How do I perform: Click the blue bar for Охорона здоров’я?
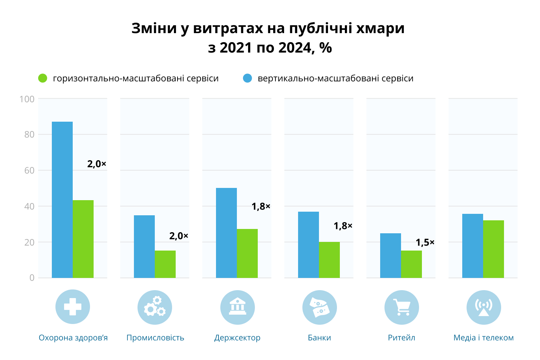(x=62, y=200)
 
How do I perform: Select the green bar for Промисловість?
(x=165, y=264)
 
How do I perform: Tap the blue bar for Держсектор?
(x=226, y=233)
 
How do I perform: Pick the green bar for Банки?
(x=329, y=260)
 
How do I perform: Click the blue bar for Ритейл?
(x=391, y=256)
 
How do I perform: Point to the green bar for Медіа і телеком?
(x=494, y=249)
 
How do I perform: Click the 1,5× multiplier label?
(x=425, y=242)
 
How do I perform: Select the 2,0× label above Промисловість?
(x=179, y=236)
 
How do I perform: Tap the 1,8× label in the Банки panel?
(x=343, y=226)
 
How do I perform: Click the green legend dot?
(x=43, y=78)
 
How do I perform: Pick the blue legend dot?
(x=248, y=78)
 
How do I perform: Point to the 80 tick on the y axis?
(x=29, y=135)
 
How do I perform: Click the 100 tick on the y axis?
(x=27, y=99)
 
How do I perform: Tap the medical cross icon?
(x=73, y=307)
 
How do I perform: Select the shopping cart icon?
(x=402, y=307)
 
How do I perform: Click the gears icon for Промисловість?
(x=155, y=307)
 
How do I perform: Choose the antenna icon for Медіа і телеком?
(x=483, y=307)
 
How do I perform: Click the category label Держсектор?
(x=237, y=338)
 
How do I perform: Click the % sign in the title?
(x=325, y=48)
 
